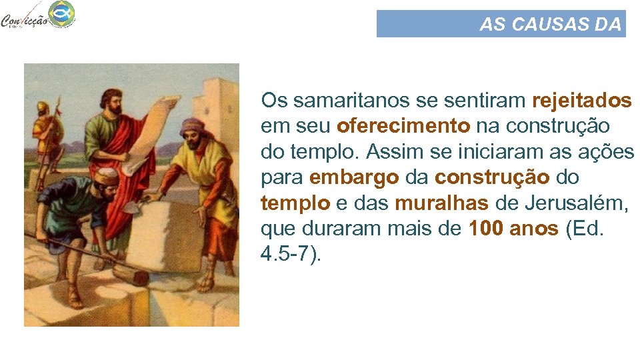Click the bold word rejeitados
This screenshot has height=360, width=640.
pos(581,101)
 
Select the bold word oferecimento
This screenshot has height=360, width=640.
pos(385,126)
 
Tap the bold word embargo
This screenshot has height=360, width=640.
pos(354,178)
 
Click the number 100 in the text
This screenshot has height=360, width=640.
pos(486,229)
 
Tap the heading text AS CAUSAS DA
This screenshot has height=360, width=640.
pos(550,25)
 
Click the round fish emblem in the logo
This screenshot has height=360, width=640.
pos(62,12)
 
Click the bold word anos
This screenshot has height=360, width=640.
pos(533,229)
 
